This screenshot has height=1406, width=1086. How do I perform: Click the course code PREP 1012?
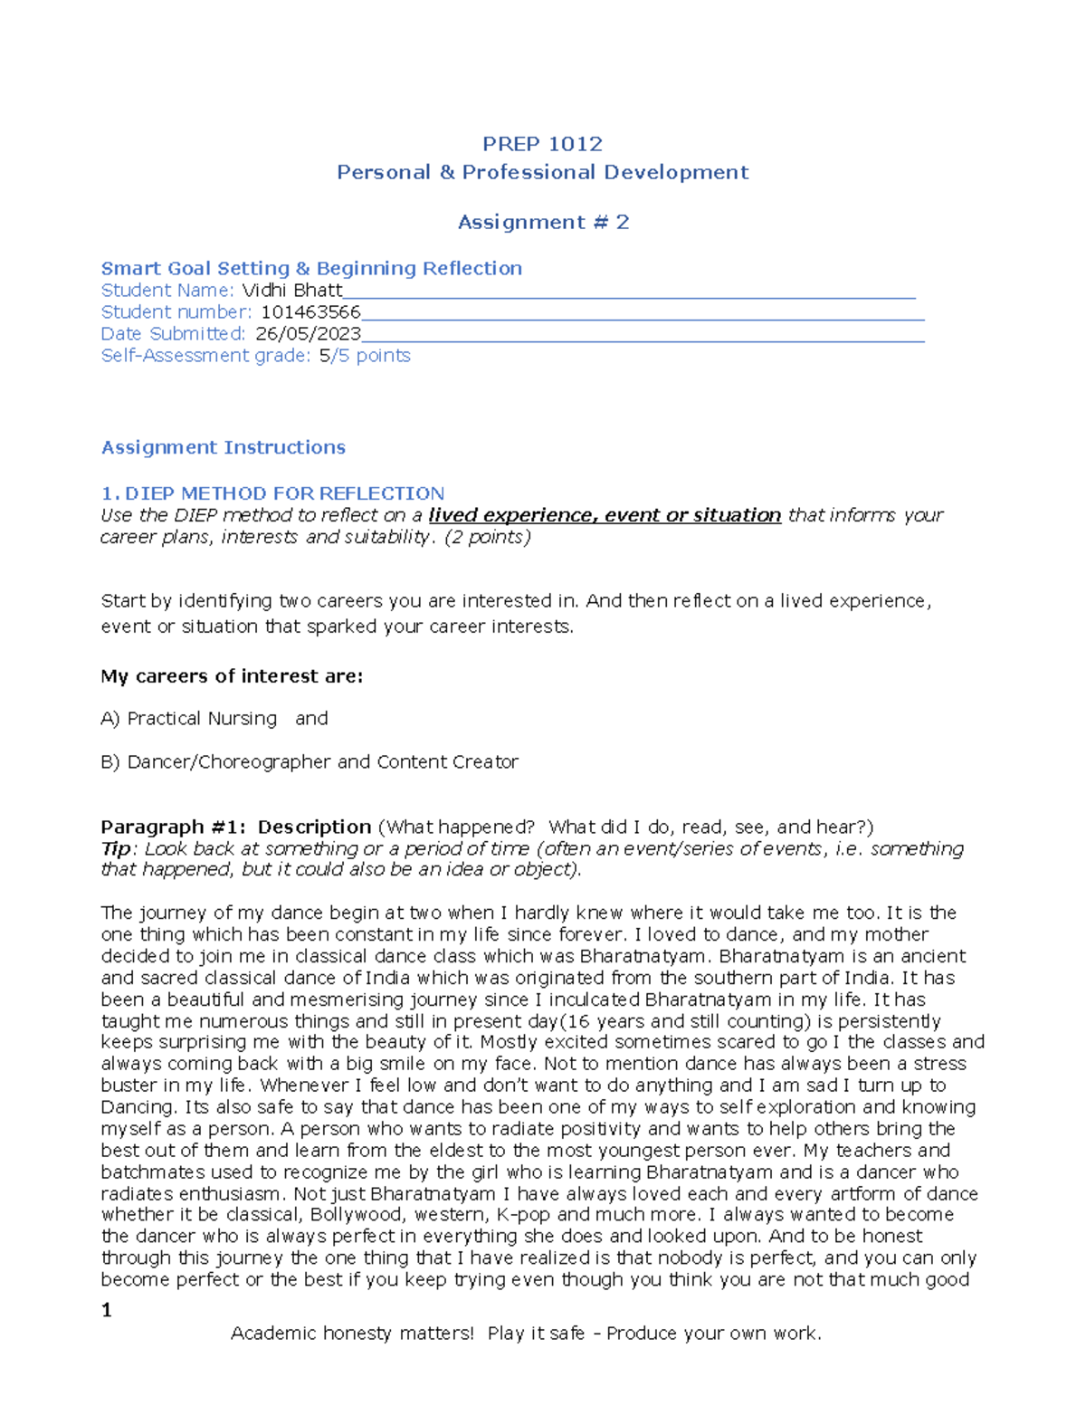[542, 144]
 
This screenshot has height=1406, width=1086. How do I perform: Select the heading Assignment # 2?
[542, 223]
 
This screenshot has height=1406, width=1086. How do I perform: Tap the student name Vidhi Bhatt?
[292, 291]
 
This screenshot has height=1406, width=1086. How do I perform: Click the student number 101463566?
[310, 312]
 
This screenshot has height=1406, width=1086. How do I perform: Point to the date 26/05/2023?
[309, 334]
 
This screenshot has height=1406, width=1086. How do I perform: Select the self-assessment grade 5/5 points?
[365, 356]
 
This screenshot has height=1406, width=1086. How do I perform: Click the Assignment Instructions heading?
[224, 447]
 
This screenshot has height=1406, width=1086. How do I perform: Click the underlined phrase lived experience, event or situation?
[605, 515]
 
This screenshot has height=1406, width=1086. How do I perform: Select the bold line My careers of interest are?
[232, 676]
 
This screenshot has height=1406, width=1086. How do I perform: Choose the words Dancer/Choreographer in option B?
[229, 762]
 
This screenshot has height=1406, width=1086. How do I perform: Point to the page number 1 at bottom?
[107, 1310]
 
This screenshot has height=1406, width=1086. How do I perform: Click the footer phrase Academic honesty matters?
[352, 1334]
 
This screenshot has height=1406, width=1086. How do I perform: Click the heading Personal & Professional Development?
[542, 173]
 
